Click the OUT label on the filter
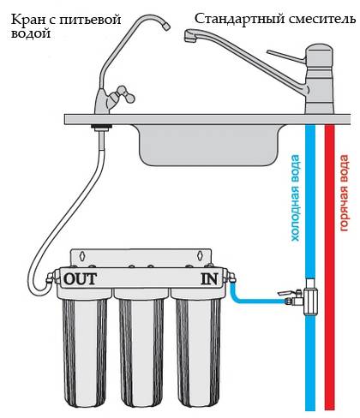coord(80,279)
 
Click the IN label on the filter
coord(209,279)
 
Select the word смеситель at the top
coord(322,20)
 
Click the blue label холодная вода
coord(295,198)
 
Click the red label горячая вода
coord(345,193)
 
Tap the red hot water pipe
coord(329,267)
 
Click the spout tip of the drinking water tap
coord(165,27)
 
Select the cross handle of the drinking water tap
coord(123,94)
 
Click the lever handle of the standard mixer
coord(286,56)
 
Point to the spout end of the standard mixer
coord(189,36)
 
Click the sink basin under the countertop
coord(208,145)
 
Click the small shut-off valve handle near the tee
coord(286,293)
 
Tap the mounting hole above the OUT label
coord(82,255)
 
